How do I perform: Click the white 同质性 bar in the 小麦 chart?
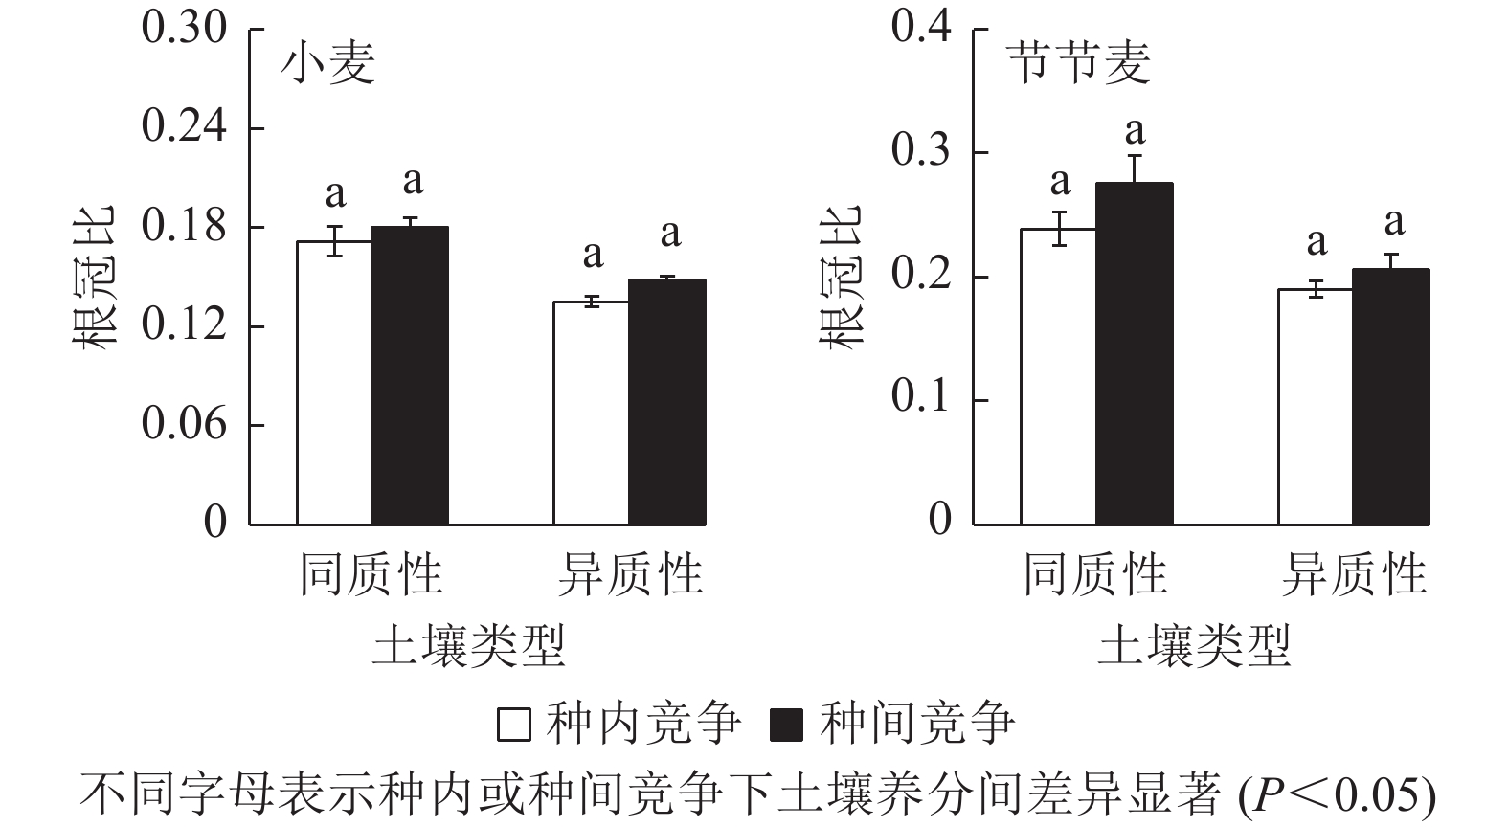click(334, 383)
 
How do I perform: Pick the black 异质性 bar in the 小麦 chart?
click(666, 402)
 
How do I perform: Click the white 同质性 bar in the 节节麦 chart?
click(1058, 377)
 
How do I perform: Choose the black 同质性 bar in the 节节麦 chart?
click(1134, 354)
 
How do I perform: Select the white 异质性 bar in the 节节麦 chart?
click(1316, 407)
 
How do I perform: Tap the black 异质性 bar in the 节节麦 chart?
click(1390, 397)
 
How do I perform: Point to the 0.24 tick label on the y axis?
click(185, 126)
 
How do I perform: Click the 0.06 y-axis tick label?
click(185, 423)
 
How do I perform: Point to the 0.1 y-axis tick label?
click(921, 397)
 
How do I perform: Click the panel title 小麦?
click(327, 65)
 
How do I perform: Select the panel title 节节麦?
click(1078, 65)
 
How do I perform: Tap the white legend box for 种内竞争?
click(514, 725)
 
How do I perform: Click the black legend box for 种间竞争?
click(786, 725)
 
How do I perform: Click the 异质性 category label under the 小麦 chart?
click(630, 574)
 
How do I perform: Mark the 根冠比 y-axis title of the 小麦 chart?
click(96, 278)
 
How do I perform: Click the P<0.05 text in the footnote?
click(1340, 794)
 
